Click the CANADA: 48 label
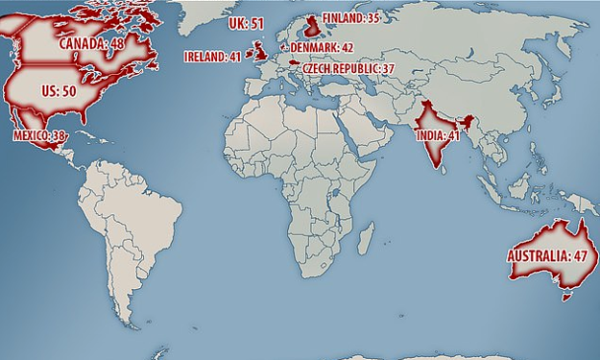point(93,43)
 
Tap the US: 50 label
point(58,90)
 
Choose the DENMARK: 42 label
point(322,46)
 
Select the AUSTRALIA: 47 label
point(548,255)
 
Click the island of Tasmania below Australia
point(566,293)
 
